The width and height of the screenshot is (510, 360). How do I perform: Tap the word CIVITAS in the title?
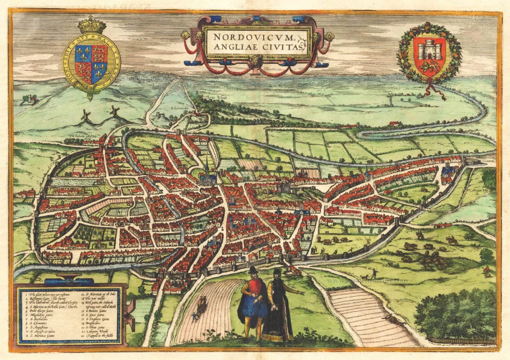coord(284,47)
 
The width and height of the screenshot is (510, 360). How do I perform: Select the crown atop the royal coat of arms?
coord(91,24)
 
